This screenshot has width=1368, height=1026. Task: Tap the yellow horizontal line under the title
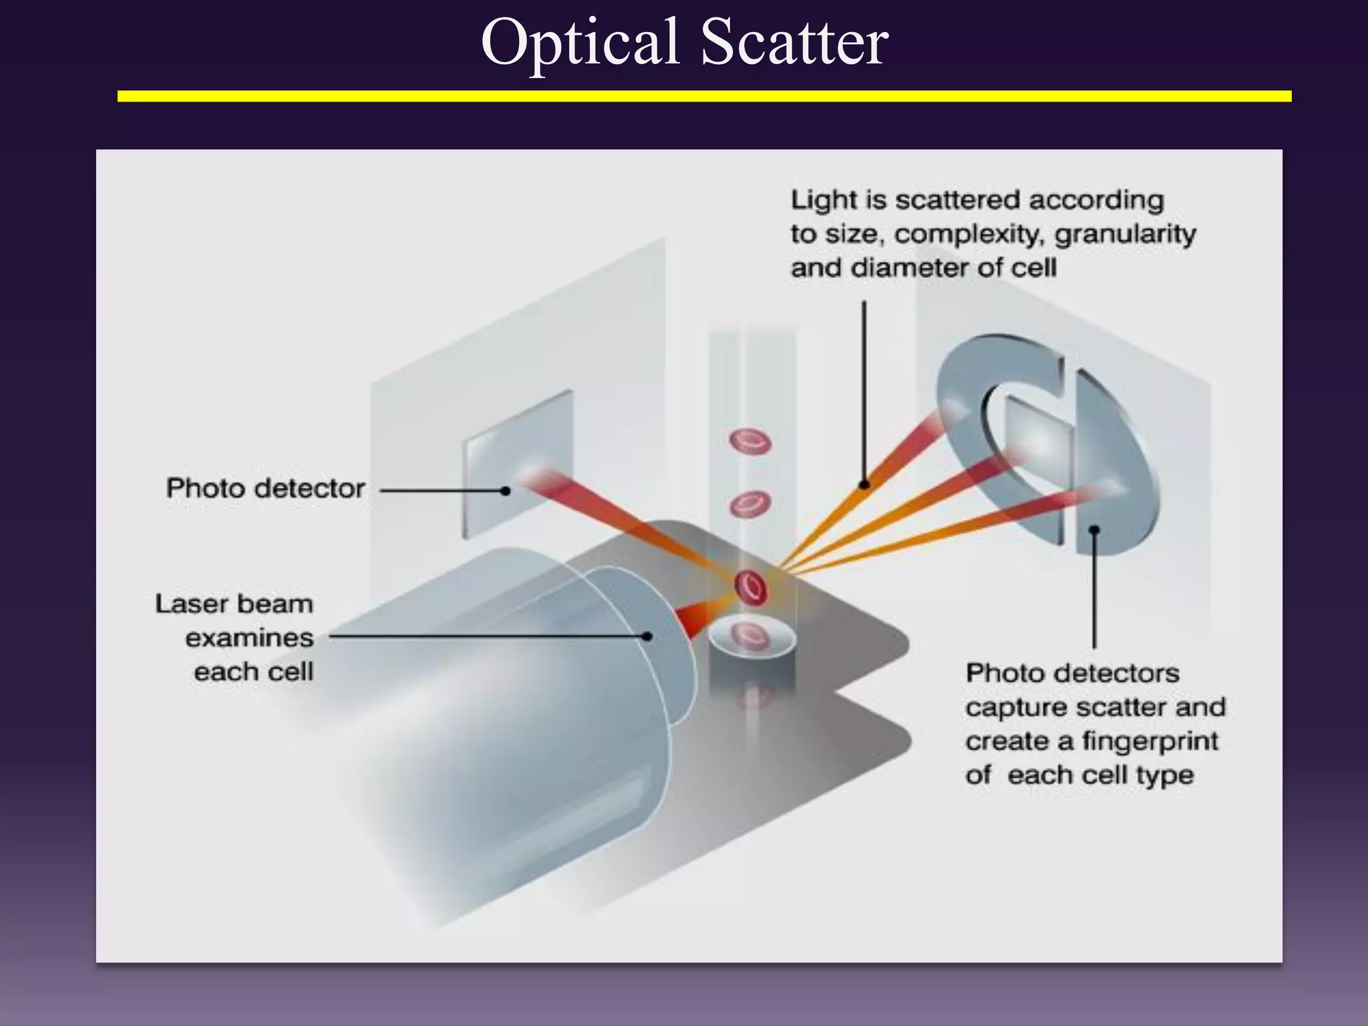tap(704, 97)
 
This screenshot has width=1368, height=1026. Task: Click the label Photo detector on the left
tap(265, 488)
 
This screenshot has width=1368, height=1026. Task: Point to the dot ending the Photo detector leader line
tap(506, 491)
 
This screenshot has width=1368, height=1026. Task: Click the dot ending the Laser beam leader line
tap(647, 637)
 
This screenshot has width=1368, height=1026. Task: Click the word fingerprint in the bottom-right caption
tap(1150, 741)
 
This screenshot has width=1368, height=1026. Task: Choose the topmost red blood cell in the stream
tap(749, 442)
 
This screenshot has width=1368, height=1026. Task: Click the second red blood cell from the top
tap(749, 504)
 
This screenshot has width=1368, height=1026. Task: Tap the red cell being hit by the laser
tap(751, 587)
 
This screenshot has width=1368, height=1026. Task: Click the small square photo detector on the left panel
tap(518, 464)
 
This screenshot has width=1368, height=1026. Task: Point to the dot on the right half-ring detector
tap(1094, 530)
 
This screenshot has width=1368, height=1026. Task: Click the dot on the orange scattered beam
tap(864, 484)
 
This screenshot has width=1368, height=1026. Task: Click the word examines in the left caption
tap(249, 638)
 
